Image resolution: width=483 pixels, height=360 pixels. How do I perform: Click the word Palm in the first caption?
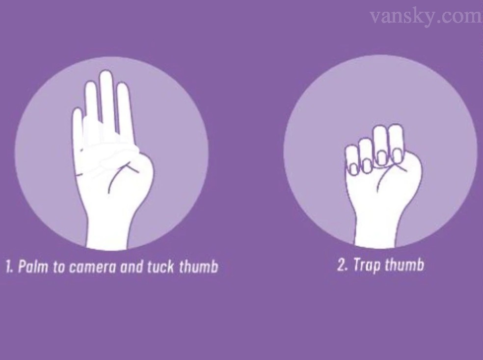(x=33, y=266)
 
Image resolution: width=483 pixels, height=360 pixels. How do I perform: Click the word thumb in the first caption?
(x=198, y=266)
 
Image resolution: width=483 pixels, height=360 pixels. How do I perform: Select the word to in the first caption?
(x=58, y=267)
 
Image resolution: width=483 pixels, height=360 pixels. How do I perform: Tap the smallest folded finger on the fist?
(x=352, y=159)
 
